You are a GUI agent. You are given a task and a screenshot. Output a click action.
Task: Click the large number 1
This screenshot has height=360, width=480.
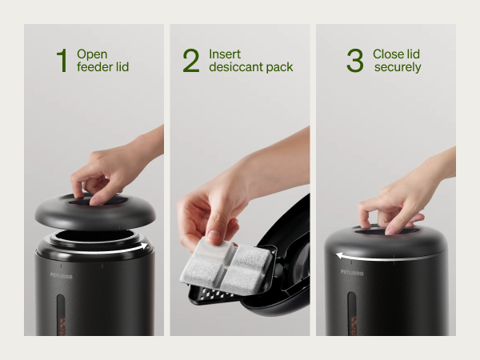pyautogui.click(x=62, y=61)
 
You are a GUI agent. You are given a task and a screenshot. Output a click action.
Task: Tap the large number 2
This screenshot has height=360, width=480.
pyautogui.click(x=191, y=61)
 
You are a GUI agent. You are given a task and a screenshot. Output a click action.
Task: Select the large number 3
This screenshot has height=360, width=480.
pyautogui.click(x=355, y=61)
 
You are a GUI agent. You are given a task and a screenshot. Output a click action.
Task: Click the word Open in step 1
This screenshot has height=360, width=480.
pyautogui.click(x=92, y=54)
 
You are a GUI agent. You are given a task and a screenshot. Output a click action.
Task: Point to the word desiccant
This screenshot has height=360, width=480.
pyautogui.click(x=236, y=66)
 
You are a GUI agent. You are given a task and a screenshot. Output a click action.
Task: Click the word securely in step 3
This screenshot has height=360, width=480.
pyautogui.click(x=398, y=67)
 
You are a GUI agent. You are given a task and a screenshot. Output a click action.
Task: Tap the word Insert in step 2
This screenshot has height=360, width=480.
pyautogui.click(x=225, y=54)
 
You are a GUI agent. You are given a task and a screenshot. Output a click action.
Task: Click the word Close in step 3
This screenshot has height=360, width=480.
pyautogui.click(x=388, y=54)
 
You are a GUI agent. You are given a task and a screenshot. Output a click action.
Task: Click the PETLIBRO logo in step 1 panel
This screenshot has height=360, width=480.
pyautogui.click(x=62, y=276)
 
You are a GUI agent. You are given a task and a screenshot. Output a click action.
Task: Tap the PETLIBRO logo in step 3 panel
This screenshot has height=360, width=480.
pyautogui.click(x=352, y=273)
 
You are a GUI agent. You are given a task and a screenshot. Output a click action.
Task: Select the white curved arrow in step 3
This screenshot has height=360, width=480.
pyautogui.click(x=382, y=258)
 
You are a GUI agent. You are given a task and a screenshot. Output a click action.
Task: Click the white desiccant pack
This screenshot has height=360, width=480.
pyautogui.click(x=226, y=266)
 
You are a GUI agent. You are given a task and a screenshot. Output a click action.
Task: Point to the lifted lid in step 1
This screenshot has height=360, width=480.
pyautogui.click(x=95, y=211)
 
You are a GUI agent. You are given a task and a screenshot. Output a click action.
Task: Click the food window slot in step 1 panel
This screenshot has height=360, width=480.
pyautogui.click(x=61, y=314)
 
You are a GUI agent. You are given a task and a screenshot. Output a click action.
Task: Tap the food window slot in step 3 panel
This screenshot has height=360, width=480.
pyautogui.click(x=352, y=314)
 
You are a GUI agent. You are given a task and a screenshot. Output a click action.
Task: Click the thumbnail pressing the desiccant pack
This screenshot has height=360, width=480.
pyautogui.click(x=214, y=236)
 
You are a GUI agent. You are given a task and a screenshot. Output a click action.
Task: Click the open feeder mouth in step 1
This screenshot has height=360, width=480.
pyautogui.click(x=95, y=235)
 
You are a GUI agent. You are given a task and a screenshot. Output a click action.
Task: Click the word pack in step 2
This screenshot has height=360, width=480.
pyautogui.click(x=279, y=67)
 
